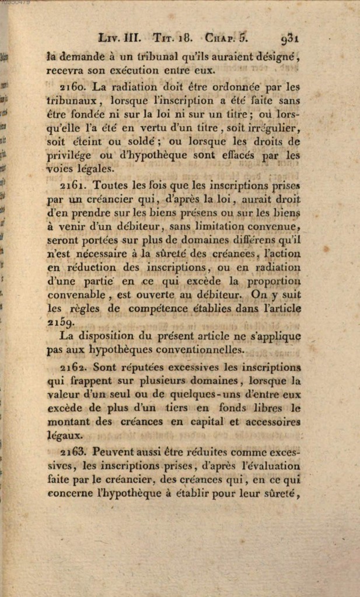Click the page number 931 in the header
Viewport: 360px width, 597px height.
289,38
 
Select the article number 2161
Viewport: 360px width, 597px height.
73,185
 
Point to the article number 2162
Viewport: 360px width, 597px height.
73,368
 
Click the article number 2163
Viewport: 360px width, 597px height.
73,452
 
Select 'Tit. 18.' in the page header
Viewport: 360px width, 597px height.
172,38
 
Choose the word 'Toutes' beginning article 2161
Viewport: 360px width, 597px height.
111,185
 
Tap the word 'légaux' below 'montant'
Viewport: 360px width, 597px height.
65,435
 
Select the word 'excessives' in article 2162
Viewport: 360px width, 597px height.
196,368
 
